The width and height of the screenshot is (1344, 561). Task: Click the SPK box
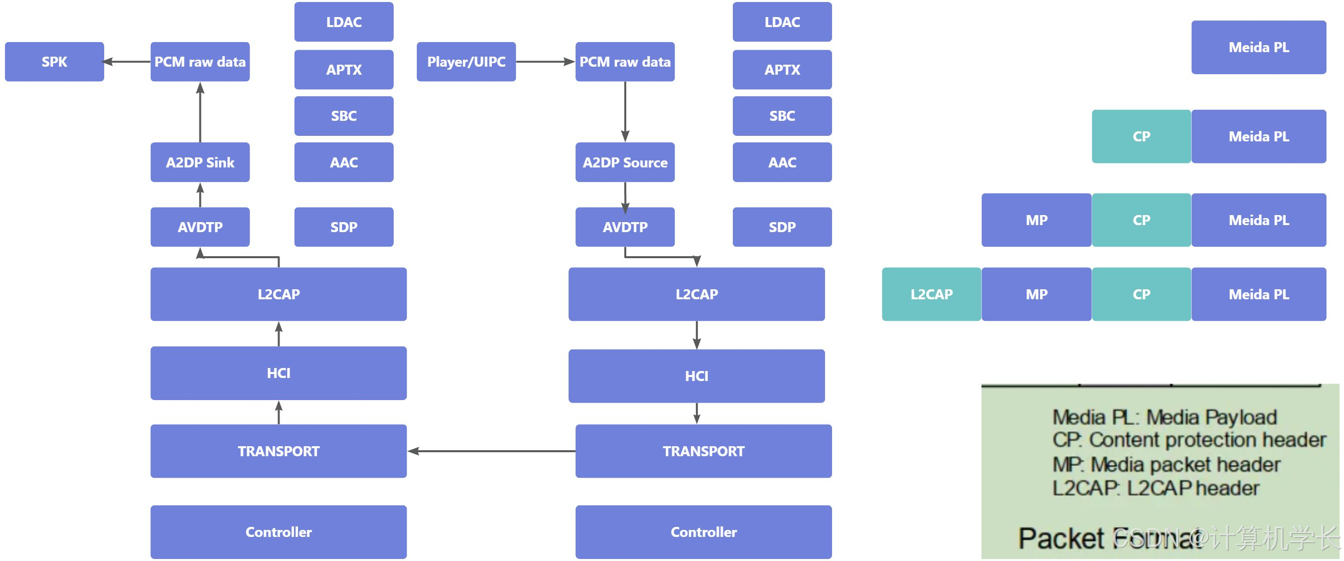(54, 62)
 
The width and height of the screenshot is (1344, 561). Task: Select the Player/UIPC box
(466, 62)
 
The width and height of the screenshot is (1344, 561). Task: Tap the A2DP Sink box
(200, 162)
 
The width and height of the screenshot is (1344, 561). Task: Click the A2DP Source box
(625, 162)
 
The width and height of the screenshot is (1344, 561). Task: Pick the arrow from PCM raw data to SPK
(127, 62)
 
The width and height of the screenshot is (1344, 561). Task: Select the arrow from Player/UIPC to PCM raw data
(545, 62)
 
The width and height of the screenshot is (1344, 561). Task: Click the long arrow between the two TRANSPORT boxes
(490, 451)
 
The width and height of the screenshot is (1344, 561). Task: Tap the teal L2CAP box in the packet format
(931, 294)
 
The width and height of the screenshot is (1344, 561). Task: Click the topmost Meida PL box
(1258, 48)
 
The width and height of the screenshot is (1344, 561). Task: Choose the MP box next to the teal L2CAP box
(1035, 294)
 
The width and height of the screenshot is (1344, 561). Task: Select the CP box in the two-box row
(1141, 136)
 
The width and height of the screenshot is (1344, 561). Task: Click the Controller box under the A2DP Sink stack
(278, 532)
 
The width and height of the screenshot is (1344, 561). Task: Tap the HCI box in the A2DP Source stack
(696, 376)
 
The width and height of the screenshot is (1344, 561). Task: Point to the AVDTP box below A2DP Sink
(200, 227)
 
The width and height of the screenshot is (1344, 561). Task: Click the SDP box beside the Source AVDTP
(781, 227)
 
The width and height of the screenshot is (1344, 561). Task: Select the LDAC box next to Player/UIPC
(344, 22)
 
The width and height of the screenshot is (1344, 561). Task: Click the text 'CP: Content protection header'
(1189, 440)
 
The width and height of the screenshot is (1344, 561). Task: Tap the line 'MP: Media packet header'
(1166, 464)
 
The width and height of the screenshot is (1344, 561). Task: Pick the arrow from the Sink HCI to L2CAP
(279, 334)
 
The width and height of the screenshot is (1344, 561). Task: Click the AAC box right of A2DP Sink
(344, 162)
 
